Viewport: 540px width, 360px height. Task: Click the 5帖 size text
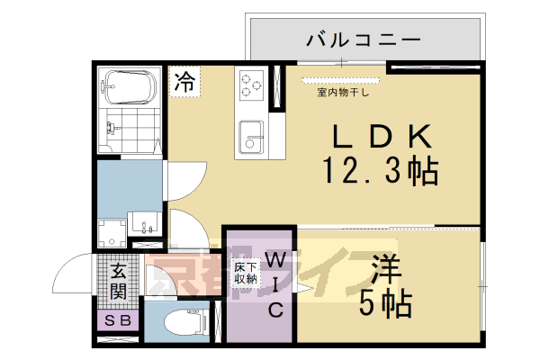pyautogui.click(x=386, y=303)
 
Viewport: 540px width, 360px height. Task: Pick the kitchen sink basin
pyautogui.click(x=251, y=139)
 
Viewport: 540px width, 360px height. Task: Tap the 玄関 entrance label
pyautogui.click(x=119, y=282)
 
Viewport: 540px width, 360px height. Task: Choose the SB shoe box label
pyautogui.click(x=118, y=320)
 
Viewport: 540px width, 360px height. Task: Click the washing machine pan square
pyautogui.click(x=113, y=231)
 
